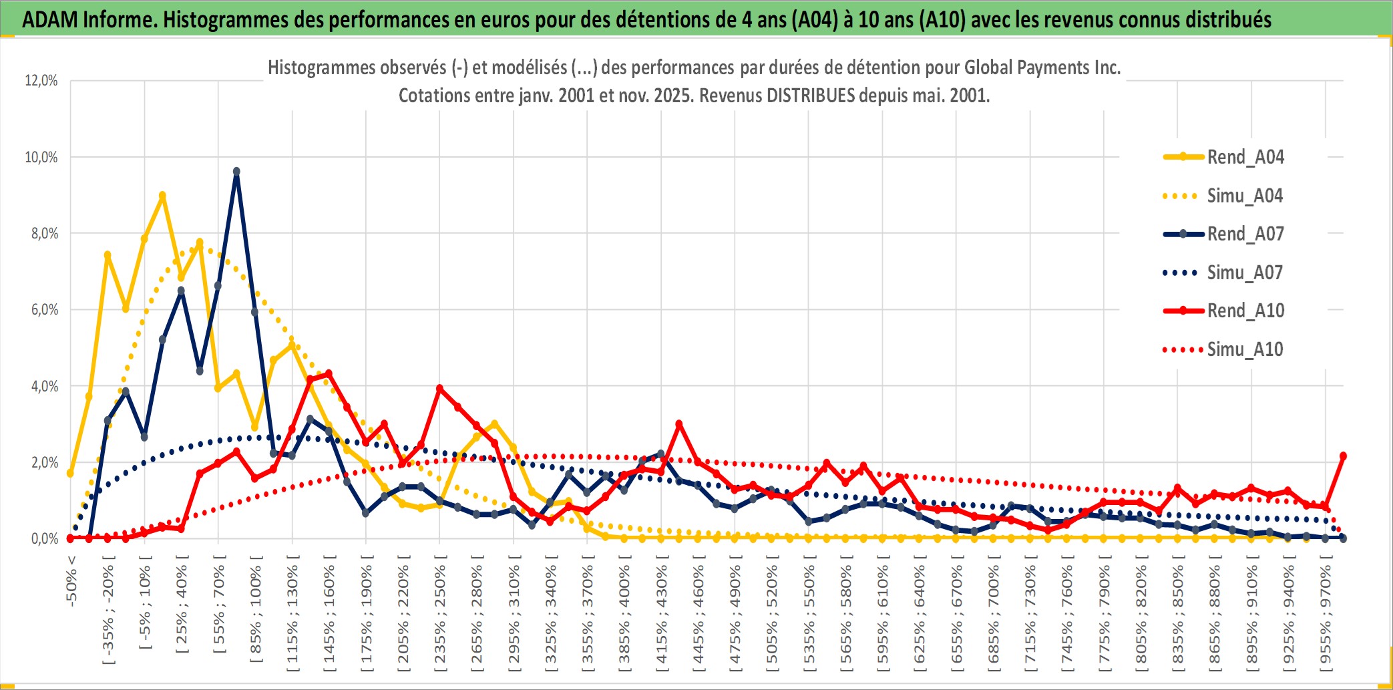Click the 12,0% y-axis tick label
click(41, 81)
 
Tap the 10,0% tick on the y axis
click(41, 158)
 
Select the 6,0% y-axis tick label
click(44, 310)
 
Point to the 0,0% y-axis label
click(44, 539)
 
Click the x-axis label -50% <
click(71, 581)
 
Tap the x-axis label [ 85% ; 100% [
click(256, 613)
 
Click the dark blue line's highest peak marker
click(236, 172)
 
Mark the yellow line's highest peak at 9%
click(162, 196)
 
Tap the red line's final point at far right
click(1343, 456)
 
